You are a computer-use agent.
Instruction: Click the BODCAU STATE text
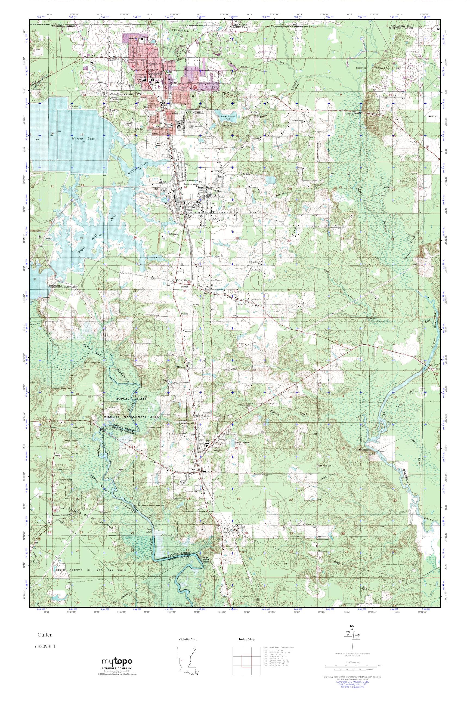(132, 399)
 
